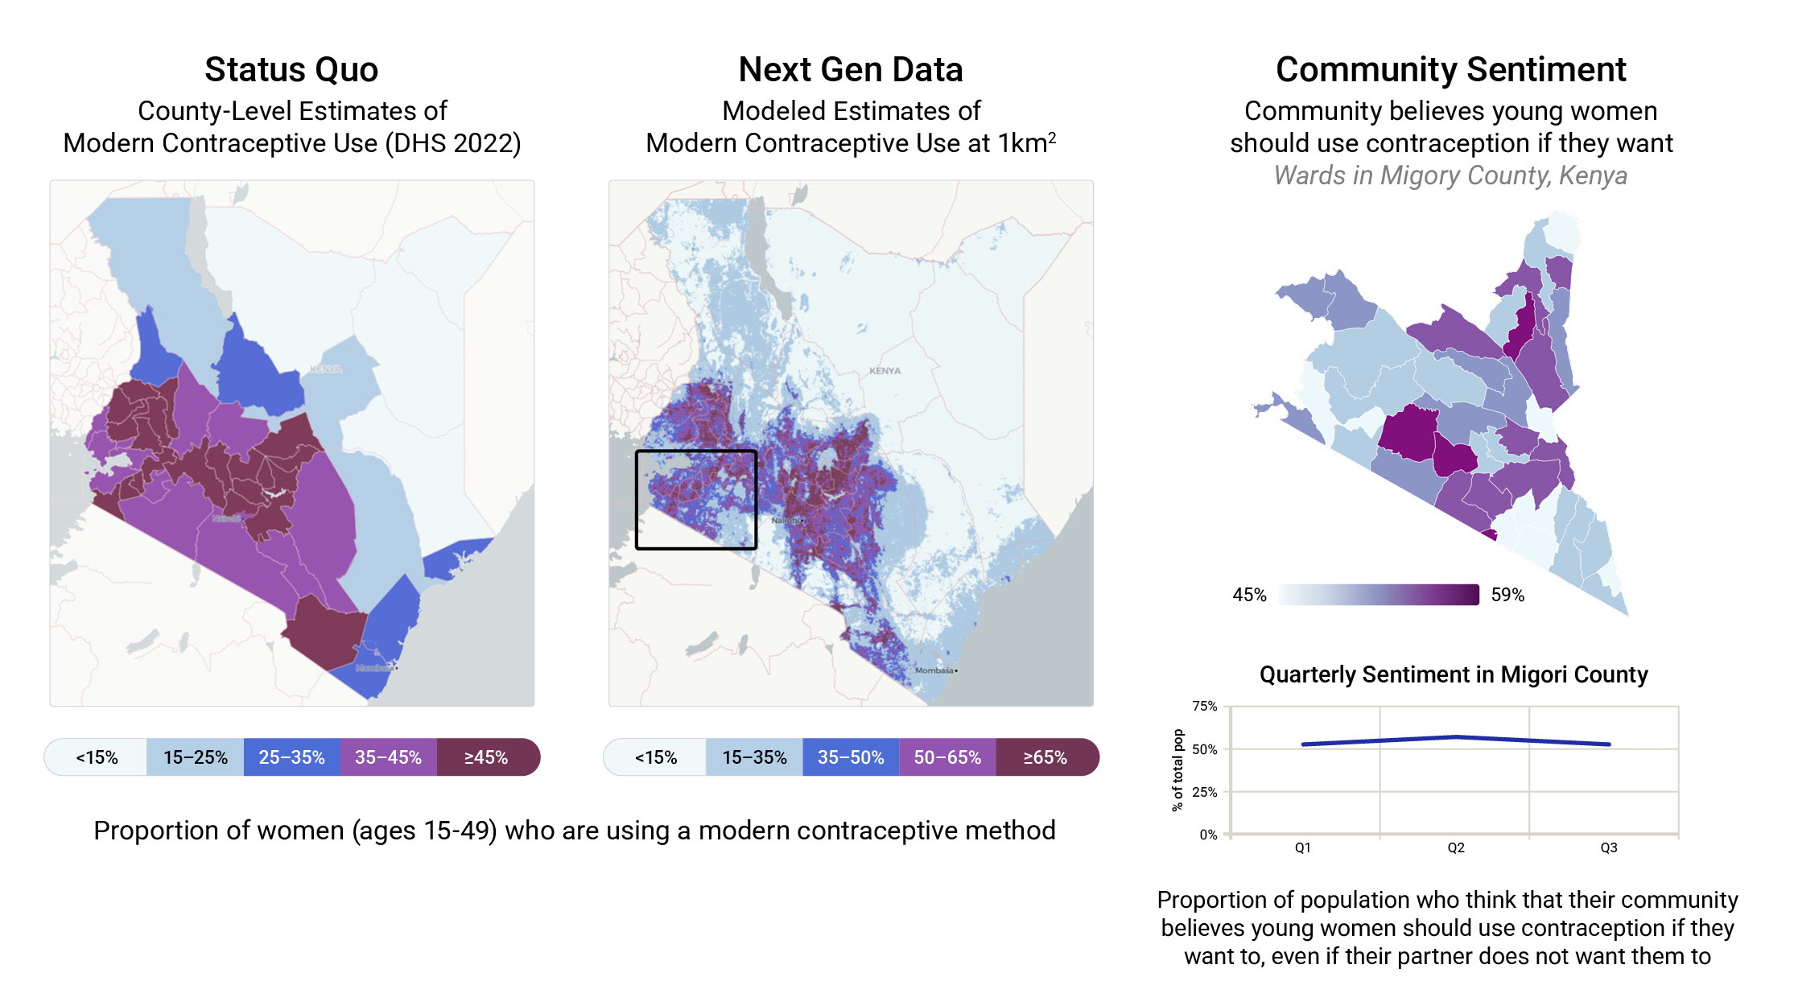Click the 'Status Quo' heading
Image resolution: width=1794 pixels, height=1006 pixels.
291,70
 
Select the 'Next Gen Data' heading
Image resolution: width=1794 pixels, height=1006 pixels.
850,70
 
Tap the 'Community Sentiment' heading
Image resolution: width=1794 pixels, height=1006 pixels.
1450,70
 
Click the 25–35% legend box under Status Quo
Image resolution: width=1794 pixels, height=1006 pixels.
291,757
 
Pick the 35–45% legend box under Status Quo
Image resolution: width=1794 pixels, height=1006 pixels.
388,757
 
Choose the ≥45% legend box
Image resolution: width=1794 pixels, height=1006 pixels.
486,757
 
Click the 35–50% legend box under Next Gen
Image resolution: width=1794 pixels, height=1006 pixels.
851,757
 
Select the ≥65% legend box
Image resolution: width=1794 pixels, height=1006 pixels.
1045,757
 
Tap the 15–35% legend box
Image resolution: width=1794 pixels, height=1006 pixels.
754,757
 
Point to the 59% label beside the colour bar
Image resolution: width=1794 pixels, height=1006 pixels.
1507,595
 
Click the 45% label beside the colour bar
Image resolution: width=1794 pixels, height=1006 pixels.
1249,595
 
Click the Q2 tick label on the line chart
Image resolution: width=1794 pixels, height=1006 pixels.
1456,847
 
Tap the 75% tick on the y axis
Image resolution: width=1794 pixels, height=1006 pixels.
1205,706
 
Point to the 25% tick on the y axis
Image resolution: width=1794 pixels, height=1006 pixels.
1205,792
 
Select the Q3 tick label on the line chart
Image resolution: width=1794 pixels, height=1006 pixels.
1609,847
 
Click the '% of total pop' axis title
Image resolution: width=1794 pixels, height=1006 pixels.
1178,770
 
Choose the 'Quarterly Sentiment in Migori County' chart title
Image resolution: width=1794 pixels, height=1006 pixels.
1454,674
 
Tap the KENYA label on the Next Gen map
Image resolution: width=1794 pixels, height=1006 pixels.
885,371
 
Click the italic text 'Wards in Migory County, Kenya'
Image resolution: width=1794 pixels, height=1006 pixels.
1450,175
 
